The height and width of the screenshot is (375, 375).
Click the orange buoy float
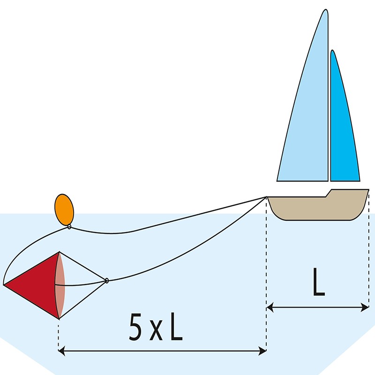(64, 210)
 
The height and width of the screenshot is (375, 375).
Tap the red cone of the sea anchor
(33, 285)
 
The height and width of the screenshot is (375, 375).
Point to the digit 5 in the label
(135, 327)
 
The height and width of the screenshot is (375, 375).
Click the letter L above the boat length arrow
(319, 282)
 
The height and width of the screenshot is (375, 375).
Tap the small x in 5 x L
(156, 331)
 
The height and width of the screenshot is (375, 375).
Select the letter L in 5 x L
(177, 327)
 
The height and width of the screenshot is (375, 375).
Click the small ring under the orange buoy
(69, 227)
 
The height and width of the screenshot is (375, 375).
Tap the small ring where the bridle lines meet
(107, 280)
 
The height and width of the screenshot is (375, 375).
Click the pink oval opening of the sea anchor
(60, 285)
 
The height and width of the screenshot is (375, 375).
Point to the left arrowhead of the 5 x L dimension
(61, 351)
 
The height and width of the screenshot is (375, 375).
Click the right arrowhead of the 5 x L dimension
(263, 351)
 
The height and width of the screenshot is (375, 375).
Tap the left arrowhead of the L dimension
(270, 307)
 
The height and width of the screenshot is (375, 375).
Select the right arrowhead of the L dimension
(365, 307)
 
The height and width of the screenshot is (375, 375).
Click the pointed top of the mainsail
(326, 10)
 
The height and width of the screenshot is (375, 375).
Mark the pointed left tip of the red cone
(4, 285)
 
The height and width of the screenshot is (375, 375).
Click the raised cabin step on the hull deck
(329, 193)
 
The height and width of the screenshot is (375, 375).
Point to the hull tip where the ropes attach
(267, 197)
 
